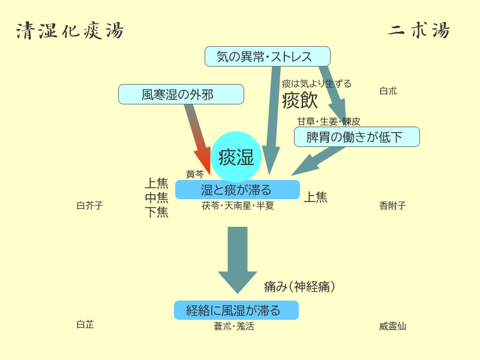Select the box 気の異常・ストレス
267,57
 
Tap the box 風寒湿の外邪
181,94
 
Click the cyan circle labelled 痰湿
236,157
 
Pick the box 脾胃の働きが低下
356,137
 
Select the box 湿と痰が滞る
237,190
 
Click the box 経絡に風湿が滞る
236,310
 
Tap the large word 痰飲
299,100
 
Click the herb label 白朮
388,91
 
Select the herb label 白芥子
90,206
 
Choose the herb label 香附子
392,206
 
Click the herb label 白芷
85,325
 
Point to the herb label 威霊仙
392,326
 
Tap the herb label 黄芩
195,175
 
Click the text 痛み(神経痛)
299,287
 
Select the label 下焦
157,212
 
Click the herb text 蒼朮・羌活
234,326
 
